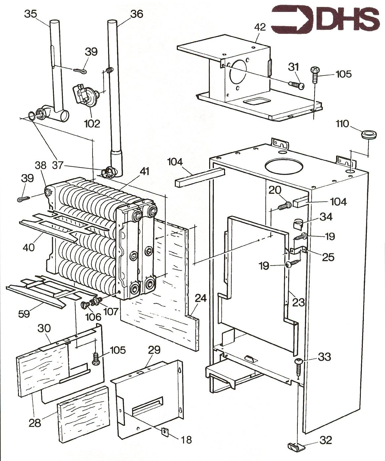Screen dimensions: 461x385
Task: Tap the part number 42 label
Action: [260, 27]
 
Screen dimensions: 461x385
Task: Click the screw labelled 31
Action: [296, 84]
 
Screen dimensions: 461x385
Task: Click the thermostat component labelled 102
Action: [84, 96]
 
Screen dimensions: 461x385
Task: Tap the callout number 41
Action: [144, 172]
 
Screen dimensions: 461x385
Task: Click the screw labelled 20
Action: [284, 206]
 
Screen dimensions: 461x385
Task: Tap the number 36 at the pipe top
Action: [136, 14]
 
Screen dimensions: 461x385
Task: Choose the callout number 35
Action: [30, 14]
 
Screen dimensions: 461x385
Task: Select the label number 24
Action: [200, 298]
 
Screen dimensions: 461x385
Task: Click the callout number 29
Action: [154, 350]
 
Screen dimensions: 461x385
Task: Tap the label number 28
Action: [35, 423]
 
